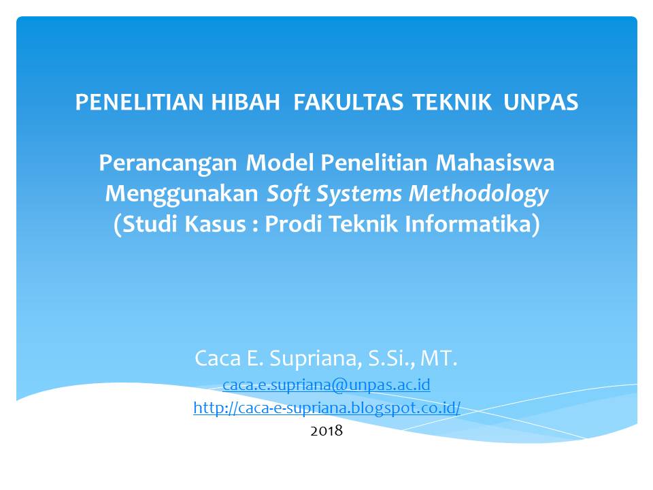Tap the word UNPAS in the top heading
[541, 103]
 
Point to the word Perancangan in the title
[169, 163]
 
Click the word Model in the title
[279, 163]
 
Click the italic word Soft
[286, 194]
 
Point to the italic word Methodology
[478, 194]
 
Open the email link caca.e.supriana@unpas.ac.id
[326, 385]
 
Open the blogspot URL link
[326, 408]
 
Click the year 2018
[326, 431]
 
